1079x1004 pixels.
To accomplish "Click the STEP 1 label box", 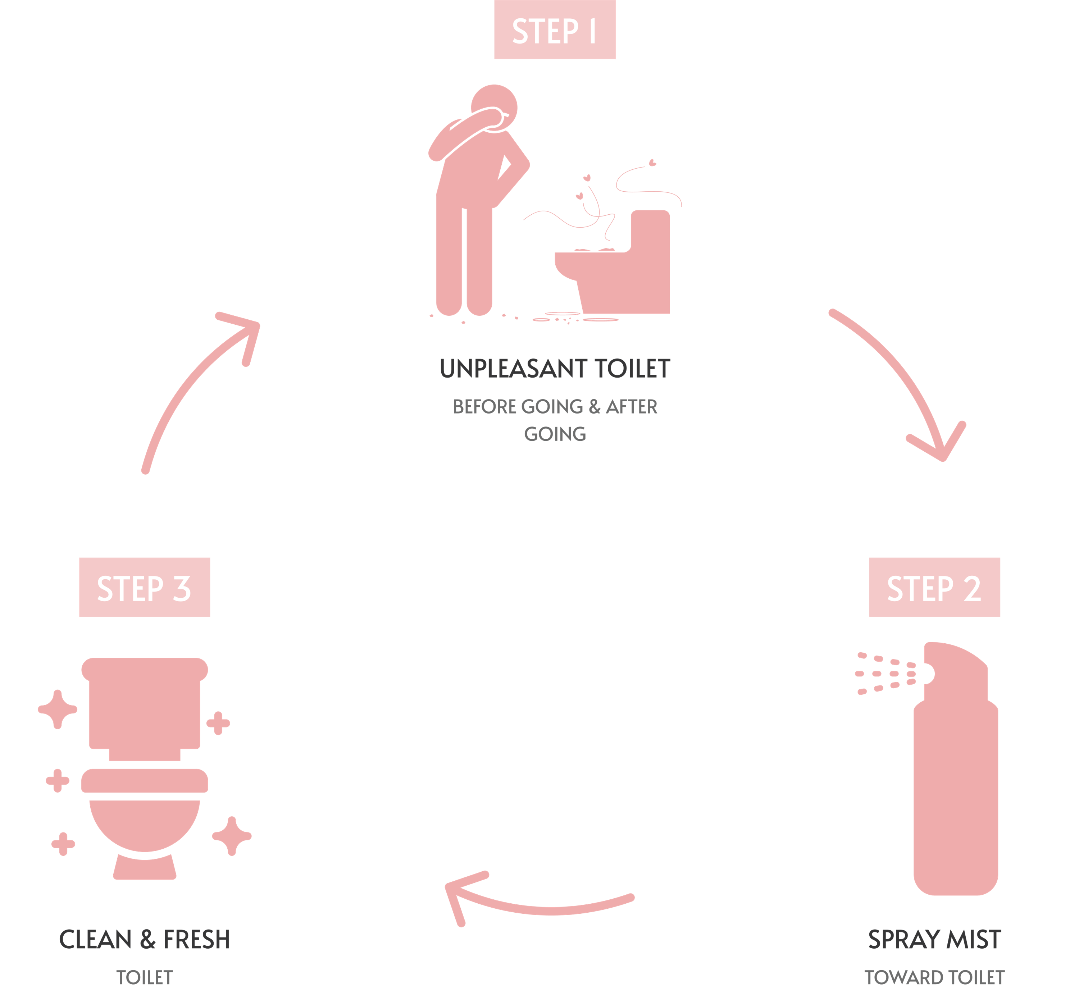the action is (x=555, y=29).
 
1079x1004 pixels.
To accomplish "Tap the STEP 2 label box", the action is (x=934, y=587).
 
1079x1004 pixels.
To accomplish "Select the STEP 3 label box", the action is (x=144, y=587).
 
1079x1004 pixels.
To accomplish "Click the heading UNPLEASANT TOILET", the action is (x=555, y=369).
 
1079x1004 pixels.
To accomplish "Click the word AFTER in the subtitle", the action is (x=631, y=406).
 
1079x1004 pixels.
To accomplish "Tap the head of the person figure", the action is (x=494, y=108).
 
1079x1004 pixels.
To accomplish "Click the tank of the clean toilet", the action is (x=144, y=706).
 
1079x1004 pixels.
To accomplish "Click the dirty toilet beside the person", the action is (x=612, y=261).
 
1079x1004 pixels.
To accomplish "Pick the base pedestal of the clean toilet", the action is (x=144, y=867).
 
